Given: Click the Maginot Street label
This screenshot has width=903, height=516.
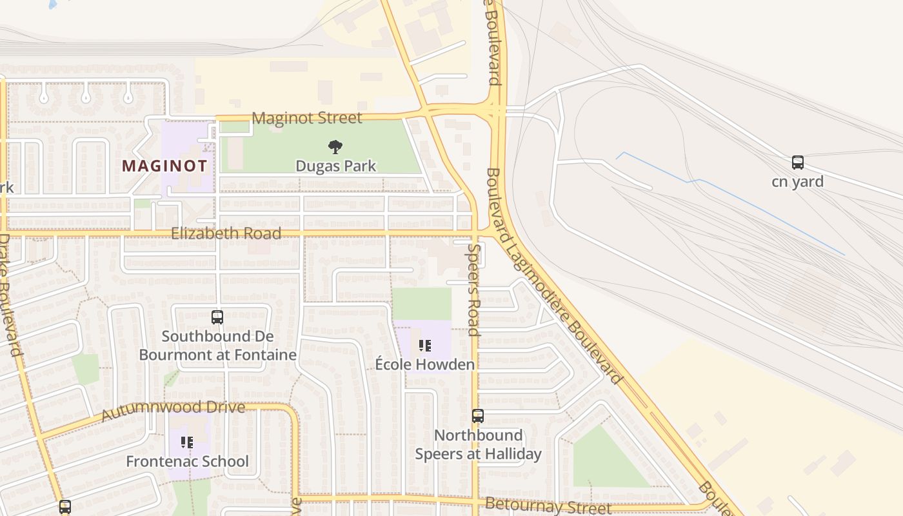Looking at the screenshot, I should (307, 118).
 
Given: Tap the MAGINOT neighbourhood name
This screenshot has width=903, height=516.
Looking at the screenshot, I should (164, 166).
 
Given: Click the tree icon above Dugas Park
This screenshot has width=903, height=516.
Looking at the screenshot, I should (335, 147).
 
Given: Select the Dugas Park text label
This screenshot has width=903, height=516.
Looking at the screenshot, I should (335, 166).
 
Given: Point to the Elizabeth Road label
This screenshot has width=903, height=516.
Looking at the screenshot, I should (226, 233).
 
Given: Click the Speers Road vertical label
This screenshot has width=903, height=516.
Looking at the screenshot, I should (474, 290).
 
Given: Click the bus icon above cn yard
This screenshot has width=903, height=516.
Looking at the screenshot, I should (797, 163).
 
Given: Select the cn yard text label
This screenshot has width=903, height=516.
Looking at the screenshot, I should (797, 182).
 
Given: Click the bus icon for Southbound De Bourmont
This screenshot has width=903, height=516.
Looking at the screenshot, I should (217, 317).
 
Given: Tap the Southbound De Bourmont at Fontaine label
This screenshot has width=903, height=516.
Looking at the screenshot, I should (217, 346).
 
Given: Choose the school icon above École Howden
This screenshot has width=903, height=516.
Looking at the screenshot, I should (424, 346).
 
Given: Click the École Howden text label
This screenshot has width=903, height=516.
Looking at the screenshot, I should (424, 364).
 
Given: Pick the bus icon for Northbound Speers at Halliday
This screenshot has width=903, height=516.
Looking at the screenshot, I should (477, 416).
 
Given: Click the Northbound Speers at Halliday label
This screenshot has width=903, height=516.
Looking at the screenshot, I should (477, 444).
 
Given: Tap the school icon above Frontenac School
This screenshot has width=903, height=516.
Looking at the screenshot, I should (187, 442).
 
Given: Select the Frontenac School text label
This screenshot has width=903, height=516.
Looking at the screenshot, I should (187, 462).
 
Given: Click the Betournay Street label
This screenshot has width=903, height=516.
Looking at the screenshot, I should (548, 506).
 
